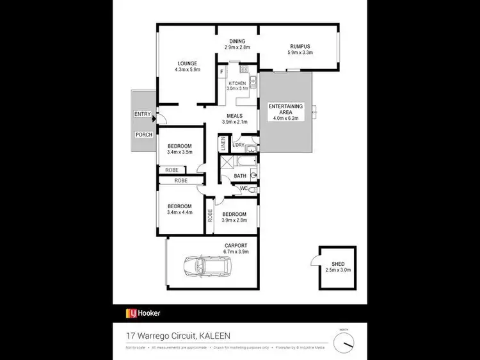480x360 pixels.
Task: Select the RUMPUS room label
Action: pyautogui.click(x=300, y=46)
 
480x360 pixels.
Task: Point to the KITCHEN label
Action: pyautogui.click(x=237, y=83)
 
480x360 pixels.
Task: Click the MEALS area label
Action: pyautogui.click(x=233, y=116)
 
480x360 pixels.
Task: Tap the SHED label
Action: pyautogui.click(x=337, y=263)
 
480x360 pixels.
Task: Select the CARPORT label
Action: pyautogui.click(x=236, y=245)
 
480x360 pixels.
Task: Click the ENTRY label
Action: pyautogui.click(x=143, y=115)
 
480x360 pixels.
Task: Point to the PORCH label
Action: pyautogui.click(x=143, y=135)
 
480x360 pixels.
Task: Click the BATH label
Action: pyautogui.click(x=240, y=176)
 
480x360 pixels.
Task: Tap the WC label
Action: pyautogui.click(x=243, y=188)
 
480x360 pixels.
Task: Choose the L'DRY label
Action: pyautogui.click(x=239, y=145)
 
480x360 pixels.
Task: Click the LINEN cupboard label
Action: pyautogui.click(x=223, y=144)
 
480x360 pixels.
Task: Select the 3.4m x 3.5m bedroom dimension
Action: pyautogui.click(x=179, y=152)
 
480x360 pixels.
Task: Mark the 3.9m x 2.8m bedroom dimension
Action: pyautogui.click(x=234, y=220)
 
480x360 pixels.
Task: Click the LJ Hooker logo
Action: pyautogui.click(x=142, y=313)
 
